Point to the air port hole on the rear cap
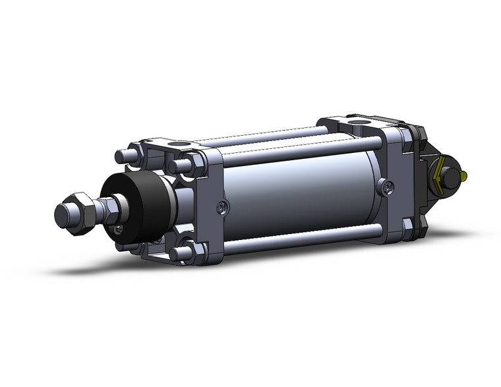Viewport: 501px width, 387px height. (359, 123)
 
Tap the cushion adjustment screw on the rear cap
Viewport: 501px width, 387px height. (386, 188)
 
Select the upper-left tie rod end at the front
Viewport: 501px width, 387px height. (121, 156)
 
